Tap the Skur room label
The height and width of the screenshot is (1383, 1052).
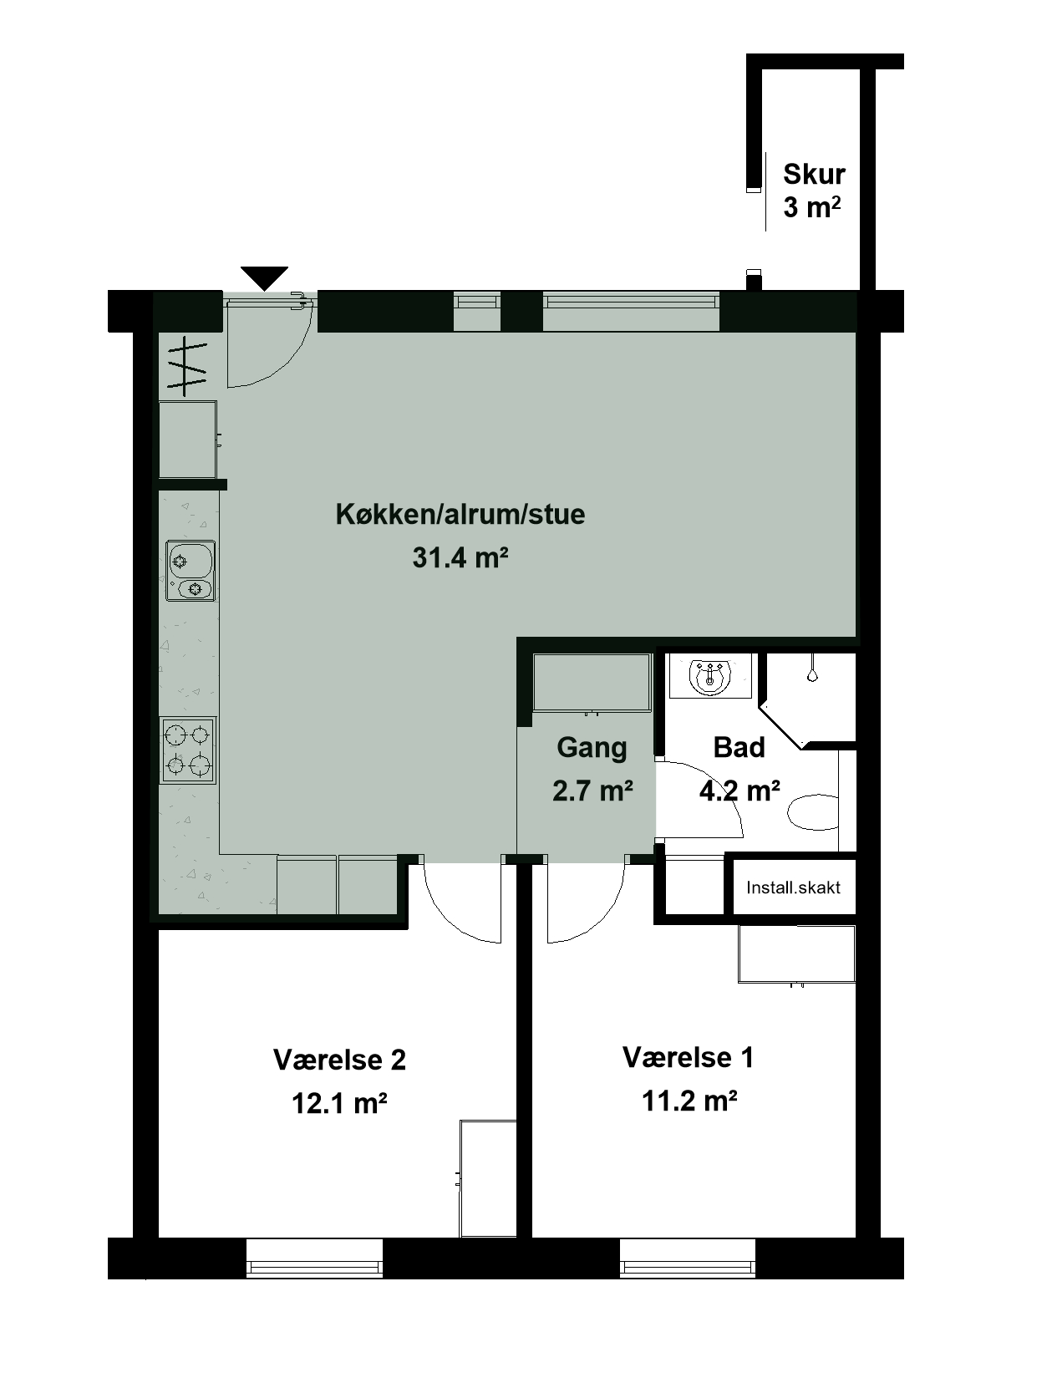point(814,174)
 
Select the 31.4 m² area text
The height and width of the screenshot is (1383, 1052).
point(460,557)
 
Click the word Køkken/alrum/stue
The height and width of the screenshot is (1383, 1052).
point(460,514)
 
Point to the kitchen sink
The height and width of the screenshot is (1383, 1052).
point(191,571)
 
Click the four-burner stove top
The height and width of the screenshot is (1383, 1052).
point(188,750)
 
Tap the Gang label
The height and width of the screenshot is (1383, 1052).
point(592,748)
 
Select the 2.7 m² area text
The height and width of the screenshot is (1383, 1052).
point(592,790)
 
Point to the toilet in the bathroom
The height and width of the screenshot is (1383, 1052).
point(814,812)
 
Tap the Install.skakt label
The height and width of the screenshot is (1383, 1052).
point(793,887)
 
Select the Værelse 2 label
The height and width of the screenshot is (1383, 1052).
point(339,1060)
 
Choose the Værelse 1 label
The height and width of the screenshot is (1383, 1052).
point(688,1057)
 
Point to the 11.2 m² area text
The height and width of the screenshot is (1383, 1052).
point(690,1101)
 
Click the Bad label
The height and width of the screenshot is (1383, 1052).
point(739,747)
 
